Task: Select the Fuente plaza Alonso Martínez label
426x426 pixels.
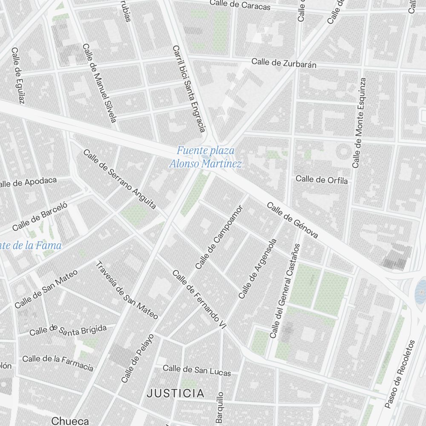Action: click(x=205, y=157)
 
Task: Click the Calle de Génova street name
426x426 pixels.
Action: click(x=292, y=220)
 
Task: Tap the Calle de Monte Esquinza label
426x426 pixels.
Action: click(x=359, y=123)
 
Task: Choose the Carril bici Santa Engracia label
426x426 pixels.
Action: click(x=189, y=88)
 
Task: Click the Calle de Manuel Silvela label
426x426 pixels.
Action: click(x=99, y=83)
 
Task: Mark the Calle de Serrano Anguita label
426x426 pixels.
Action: click(x=120, y=179)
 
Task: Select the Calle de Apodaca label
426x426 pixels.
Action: click(x=29, y=182)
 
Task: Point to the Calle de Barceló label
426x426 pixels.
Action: click(x=40, y=216)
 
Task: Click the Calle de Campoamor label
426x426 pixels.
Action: click(x=219, y=237)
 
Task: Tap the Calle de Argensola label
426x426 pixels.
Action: click(x=258, y=268)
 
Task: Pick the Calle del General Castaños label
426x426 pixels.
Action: click(x=285, y=291)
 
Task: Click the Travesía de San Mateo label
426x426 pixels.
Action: click(x=127, y=290)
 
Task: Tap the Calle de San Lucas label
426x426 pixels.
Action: click(x=197, y=370)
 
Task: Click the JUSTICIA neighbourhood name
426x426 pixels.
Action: click(x=175, y=393)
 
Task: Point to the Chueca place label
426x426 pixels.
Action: click(x=70, y=421)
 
